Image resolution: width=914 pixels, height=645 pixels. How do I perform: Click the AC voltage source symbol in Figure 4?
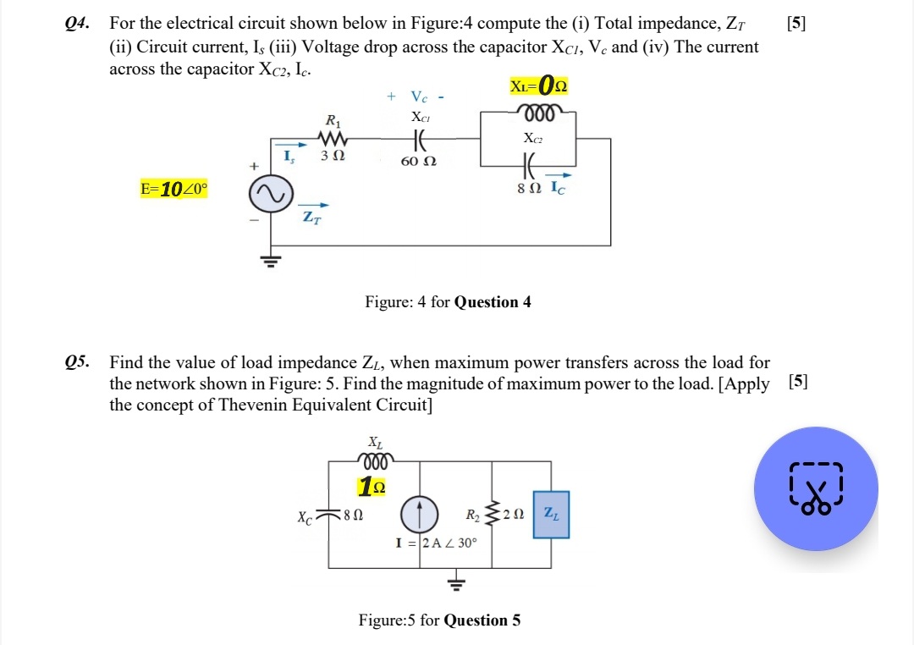[x=271, y=196]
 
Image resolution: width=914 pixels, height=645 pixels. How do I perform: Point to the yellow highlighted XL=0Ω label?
[x=538, y=85]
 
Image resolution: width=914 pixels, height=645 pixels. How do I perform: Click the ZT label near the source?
[x=312, y=218]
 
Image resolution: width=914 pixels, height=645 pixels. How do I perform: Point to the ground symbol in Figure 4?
[x=271, y=258]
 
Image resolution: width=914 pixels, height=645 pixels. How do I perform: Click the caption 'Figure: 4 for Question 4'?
[x=447, y=302]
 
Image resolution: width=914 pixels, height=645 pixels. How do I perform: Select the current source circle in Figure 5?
[x=420, y=514]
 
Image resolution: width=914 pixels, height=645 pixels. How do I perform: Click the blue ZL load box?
[x=550, y=514]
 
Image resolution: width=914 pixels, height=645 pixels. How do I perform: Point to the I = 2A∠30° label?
[x=437, y=542]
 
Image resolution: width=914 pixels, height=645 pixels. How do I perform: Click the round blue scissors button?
[x=816, y=488]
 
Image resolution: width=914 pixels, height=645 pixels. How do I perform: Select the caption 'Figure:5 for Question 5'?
[x=439, y=620]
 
